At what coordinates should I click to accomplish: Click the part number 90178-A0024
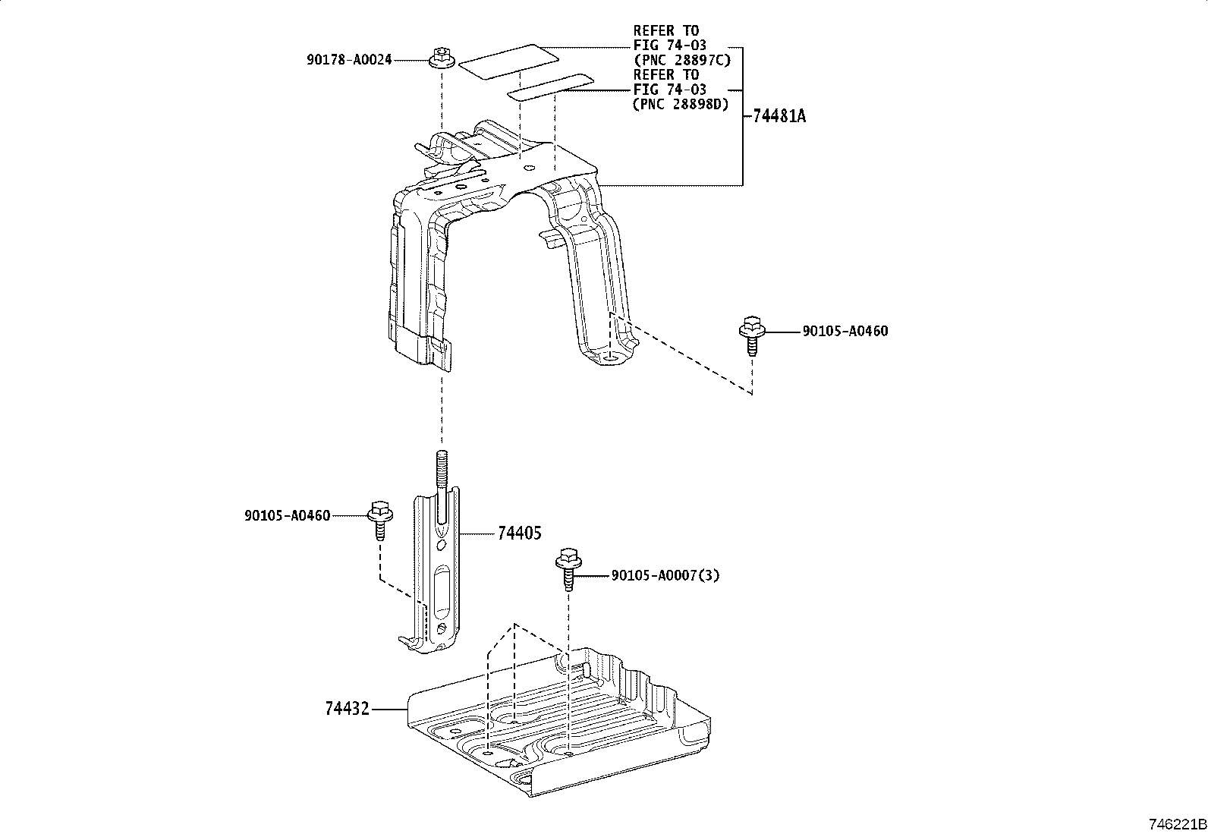click(349, 59)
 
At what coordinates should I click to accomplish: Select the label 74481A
click(779, 116)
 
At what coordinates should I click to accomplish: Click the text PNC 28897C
click(681, 60)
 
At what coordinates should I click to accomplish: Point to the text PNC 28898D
click(681, 105)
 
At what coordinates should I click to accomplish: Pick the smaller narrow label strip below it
click(550, 87)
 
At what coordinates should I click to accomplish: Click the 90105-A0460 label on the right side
click(845, 331)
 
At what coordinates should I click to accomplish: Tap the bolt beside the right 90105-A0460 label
click(751, 335)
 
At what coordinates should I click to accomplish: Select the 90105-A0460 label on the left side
click(287, 516)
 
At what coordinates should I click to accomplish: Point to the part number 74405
click(520, 533)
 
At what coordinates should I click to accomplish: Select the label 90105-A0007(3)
click(665, 575)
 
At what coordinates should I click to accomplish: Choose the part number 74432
click(347, 709)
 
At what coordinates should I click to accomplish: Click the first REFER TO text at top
click(665, 31)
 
